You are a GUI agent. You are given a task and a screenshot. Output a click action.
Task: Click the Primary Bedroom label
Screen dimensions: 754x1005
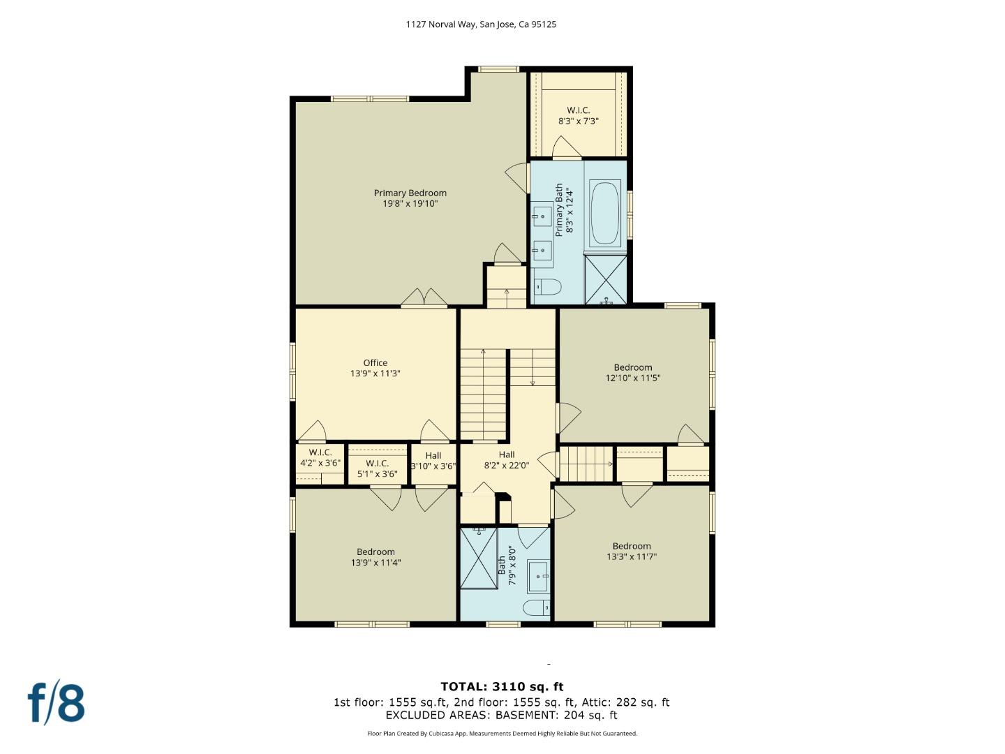pos(410,193)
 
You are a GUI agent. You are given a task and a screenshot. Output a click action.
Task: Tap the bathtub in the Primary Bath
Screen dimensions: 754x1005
pos(605,213)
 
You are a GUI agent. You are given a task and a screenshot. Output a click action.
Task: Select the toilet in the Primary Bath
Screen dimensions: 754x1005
pos(548,286)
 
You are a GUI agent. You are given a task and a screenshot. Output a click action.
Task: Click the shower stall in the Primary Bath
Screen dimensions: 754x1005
pos(605,279)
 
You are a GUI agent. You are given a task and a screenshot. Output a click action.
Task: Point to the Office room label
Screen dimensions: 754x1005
pos(375,363)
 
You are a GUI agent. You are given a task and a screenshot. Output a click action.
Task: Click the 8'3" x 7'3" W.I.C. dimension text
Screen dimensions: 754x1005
pos(578,121)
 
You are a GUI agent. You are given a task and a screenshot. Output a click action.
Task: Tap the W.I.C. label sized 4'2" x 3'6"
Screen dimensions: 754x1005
pos(320,452)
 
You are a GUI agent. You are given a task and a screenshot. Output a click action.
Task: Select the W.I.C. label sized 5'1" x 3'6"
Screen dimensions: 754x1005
pos(377,464)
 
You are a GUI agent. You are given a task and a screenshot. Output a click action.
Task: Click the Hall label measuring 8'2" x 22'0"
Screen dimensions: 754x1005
pos(507,455)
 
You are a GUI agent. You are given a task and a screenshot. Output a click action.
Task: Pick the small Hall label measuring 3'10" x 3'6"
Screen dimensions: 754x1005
pos(433,456)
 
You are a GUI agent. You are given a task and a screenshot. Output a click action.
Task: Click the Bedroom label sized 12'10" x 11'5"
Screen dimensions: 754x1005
pos(632,368)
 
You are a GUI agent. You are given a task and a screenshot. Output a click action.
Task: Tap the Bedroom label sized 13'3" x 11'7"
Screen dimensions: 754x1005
pos(632,547)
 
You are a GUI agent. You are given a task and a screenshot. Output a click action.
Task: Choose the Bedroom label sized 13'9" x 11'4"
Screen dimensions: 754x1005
pos(375,552)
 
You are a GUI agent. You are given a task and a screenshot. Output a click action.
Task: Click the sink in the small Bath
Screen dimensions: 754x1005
pos(538,576)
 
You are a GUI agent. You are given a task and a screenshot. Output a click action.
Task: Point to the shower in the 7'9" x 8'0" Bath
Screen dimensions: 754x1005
pos(479,559)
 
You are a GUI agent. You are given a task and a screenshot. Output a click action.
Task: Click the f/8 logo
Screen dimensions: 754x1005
pos(57,703)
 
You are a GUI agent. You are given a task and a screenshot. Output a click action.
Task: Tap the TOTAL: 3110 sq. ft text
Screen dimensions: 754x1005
pos(502,687)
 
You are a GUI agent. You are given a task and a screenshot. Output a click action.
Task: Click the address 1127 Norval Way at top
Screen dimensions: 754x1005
pos(481,24)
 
